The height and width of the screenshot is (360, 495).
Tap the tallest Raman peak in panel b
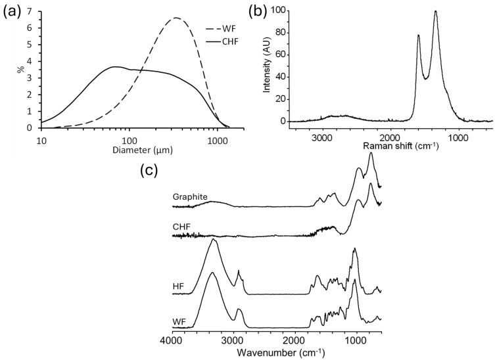click(x=435, y=11)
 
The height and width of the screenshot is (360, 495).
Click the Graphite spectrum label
click(x=189, y=197)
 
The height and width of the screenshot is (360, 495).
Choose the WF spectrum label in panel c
click(x=179, y=320)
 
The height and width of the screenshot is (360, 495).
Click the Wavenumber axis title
click(x=276, y=352)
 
